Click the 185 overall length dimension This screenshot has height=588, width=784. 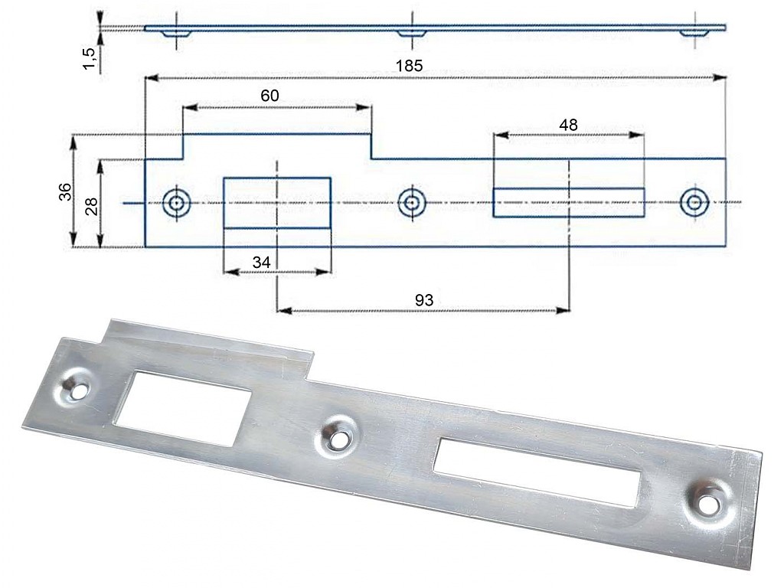pos(410,66)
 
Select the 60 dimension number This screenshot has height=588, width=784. pos(269,95)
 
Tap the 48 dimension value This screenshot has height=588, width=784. pos(568,125)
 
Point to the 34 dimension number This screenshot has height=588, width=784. pos(261,262)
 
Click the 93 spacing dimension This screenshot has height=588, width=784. pos(424,300)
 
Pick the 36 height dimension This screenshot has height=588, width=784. pos(66,192)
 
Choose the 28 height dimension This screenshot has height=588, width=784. pos(92,206)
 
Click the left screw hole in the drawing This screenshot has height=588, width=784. pos(176,203)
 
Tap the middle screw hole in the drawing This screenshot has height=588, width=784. pos(411,203)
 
